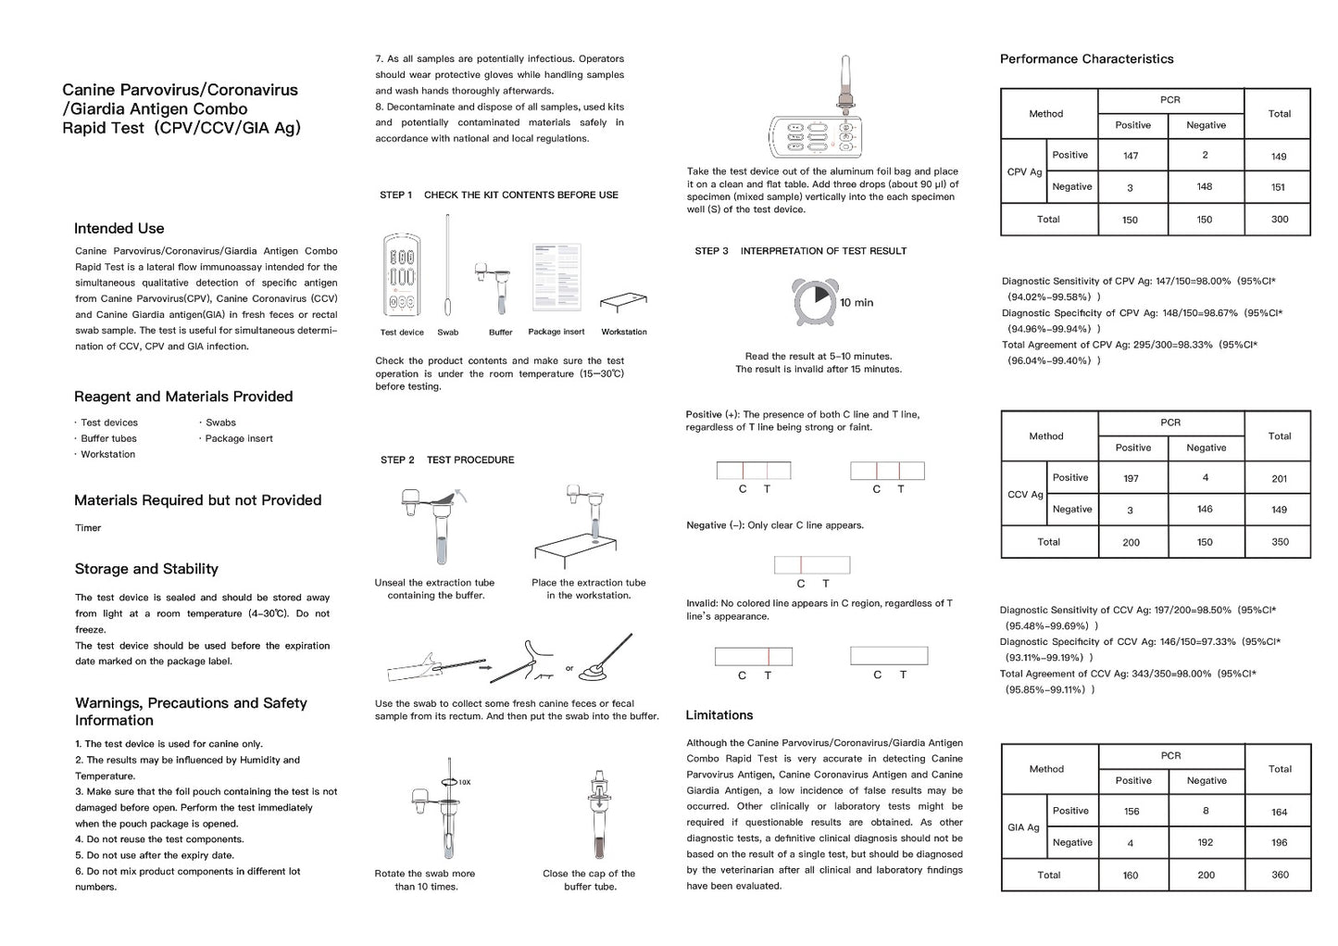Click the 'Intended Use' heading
tap(119, 229)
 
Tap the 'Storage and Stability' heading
tap(146, 569)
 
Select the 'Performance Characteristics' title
tap(1086, 59)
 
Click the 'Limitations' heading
tap(719, 715)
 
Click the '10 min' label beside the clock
tap(857, 303)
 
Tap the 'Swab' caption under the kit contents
tap(447, 333)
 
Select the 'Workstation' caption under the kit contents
tap(624, 332)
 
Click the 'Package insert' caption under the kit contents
tap(556, 332)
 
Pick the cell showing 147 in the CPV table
tap(1131, 156)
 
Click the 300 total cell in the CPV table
tap(1279, 220)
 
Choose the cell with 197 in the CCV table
tap(1131, 478)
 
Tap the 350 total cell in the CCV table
tap(1280, 542)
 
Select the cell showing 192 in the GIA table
tap(1205, 843)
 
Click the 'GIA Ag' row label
tap(1023, 827)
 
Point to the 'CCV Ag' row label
tap(1024, 495)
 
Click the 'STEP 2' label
tap(397, 460)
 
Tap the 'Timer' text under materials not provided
tap(88, 528)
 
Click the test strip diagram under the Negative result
tap(812, 565)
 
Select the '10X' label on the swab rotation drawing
tap(464, 782)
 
